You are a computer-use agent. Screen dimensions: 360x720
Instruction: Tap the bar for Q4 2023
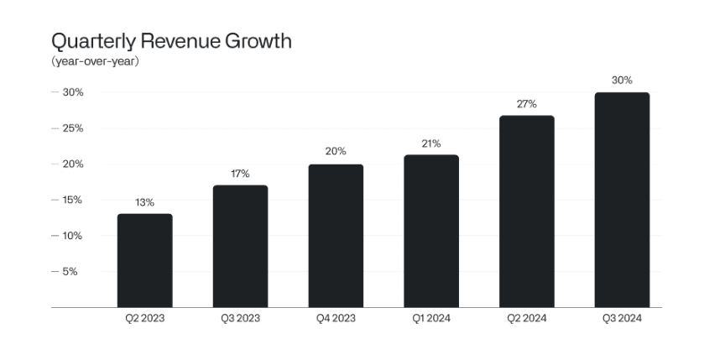(x=336, y=236)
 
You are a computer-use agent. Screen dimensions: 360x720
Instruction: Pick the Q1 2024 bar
(x=431, y=231)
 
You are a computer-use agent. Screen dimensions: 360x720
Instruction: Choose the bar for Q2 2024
(x=527, y=211)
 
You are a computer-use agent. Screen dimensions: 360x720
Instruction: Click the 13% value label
(x=144, y=202)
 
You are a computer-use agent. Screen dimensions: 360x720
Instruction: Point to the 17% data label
(x=240, y=174)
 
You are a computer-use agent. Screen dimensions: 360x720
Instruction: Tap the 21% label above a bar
(x=431, y=143)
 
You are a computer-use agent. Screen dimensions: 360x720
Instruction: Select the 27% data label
(x=527, y=104)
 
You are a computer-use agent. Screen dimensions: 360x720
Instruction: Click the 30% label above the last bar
(x=622, y=81)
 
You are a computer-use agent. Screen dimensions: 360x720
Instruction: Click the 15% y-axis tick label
(x=70, y=200)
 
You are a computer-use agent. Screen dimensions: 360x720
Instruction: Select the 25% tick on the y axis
(x=70, y=128)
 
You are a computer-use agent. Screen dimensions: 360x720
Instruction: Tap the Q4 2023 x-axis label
(x=336, y=318)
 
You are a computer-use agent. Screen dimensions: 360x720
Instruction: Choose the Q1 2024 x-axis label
(x=431, y=318)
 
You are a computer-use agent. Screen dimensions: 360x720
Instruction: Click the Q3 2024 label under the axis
(x=622, y=318)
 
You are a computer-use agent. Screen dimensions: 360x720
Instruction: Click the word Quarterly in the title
(x=92, y=41)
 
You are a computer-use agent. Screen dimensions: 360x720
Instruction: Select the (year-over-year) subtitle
(x=95, y=62)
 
